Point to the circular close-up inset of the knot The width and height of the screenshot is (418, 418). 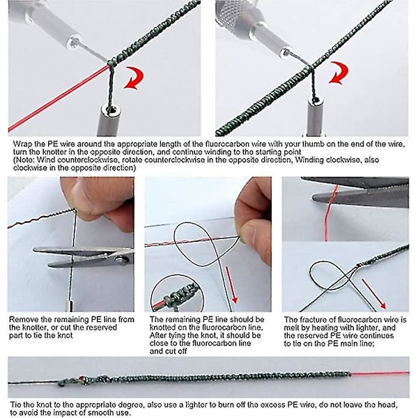pos(177,293)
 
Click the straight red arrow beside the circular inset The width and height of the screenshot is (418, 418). pos(231,285)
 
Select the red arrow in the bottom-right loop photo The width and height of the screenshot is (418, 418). pos(373,294)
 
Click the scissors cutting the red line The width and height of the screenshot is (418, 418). pos(360,192)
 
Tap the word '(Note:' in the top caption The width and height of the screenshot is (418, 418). pos(24,160)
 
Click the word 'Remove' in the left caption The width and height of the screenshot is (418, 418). pos(22,319)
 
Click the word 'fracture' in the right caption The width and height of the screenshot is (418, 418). pos(312,319)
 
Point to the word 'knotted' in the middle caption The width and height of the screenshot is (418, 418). pos(162,327)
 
